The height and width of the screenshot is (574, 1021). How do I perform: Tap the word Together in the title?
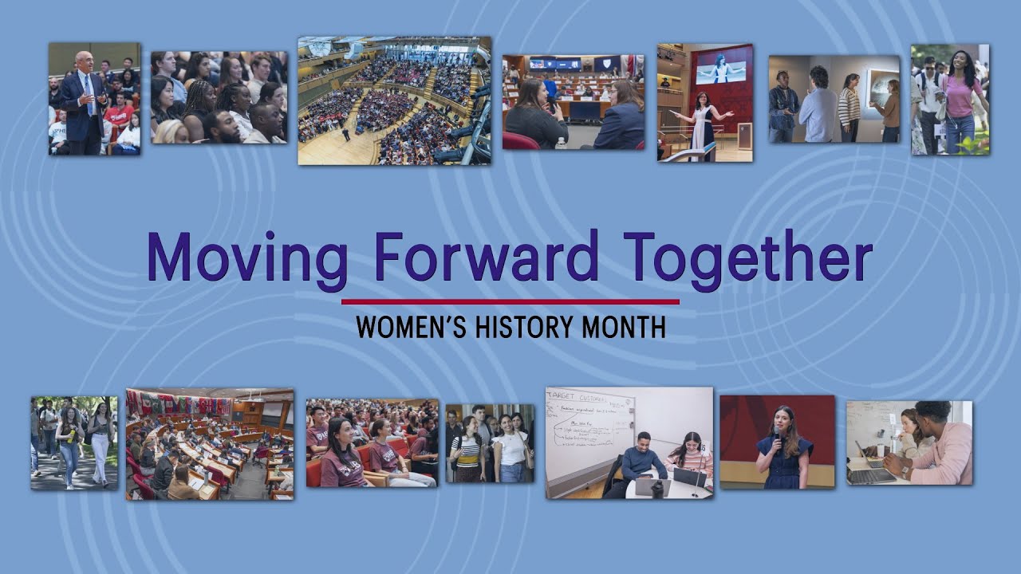point(747,257)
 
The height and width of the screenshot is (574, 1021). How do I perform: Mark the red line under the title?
point(510,302)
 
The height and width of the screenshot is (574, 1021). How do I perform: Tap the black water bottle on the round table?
point(657,488)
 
